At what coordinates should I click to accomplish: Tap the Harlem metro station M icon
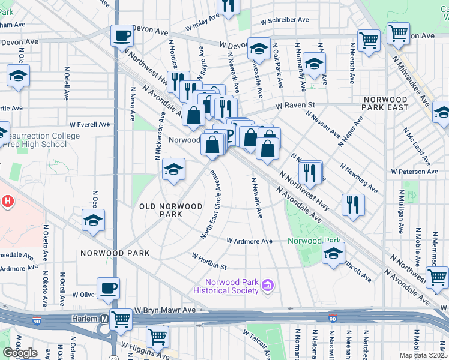(105, 319)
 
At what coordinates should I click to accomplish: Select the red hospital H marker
(7, 200)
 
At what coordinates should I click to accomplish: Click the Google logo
(20, 353)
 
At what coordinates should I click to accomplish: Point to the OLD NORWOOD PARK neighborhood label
(171, 210)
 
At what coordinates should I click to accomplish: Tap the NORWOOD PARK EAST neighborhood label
(385, 103)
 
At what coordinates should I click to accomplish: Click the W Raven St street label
(295, 105)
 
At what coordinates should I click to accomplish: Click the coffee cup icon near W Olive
(108, 289)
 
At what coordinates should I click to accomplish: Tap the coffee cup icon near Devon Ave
(122, 35)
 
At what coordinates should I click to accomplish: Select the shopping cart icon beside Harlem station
(121, 319)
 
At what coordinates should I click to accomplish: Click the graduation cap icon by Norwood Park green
(333, 253)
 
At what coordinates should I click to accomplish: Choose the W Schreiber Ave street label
(285, 20)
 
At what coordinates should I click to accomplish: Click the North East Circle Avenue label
(212, 204)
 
